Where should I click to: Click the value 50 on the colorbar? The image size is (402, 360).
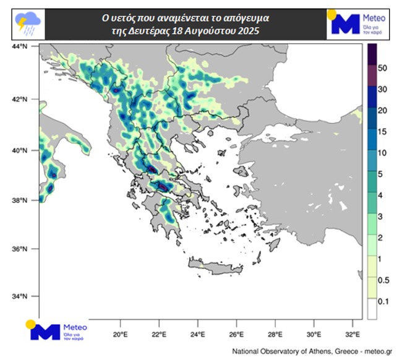pos(382,68)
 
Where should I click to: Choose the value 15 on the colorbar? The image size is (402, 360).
pos(382,132)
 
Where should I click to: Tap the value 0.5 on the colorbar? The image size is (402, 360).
pos(383,281)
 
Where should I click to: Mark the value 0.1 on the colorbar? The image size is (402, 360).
pos(383,302)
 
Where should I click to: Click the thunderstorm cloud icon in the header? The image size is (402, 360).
pos(27,24)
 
